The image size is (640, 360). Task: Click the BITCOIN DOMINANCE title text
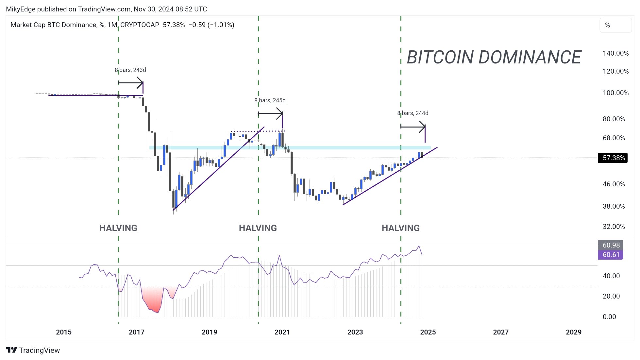click(494, 57)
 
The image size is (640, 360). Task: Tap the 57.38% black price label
click(613, 158)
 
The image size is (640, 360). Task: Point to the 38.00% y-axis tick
click(614, 206)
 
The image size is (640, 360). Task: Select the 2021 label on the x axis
click(282, 332)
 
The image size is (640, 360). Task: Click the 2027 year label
click(500, 332)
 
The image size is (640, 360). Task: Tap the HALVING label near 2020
click(258, 228)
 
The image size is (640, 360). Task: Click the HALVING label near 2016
click(118, 228)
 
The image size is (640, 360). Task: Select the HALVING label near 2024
click(400, 228)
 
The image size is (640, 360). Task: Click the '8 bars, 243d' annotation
click(130, 70)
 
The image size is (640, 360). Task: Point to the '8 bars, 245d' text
click(270, 100)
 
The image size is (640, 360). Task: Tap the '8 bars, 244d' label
click(413, 113)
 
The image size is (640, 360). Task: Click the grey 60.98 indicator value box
click(610, 245)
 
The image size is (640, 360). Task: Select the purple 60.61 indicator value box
click(610, 255)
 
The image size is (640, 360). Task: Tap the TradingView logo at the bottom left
click(33, 350)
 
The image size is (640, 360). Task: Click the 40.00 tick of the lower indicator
click(611, 276)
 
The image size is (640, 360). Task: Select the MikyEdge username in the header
click(21, 9)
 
